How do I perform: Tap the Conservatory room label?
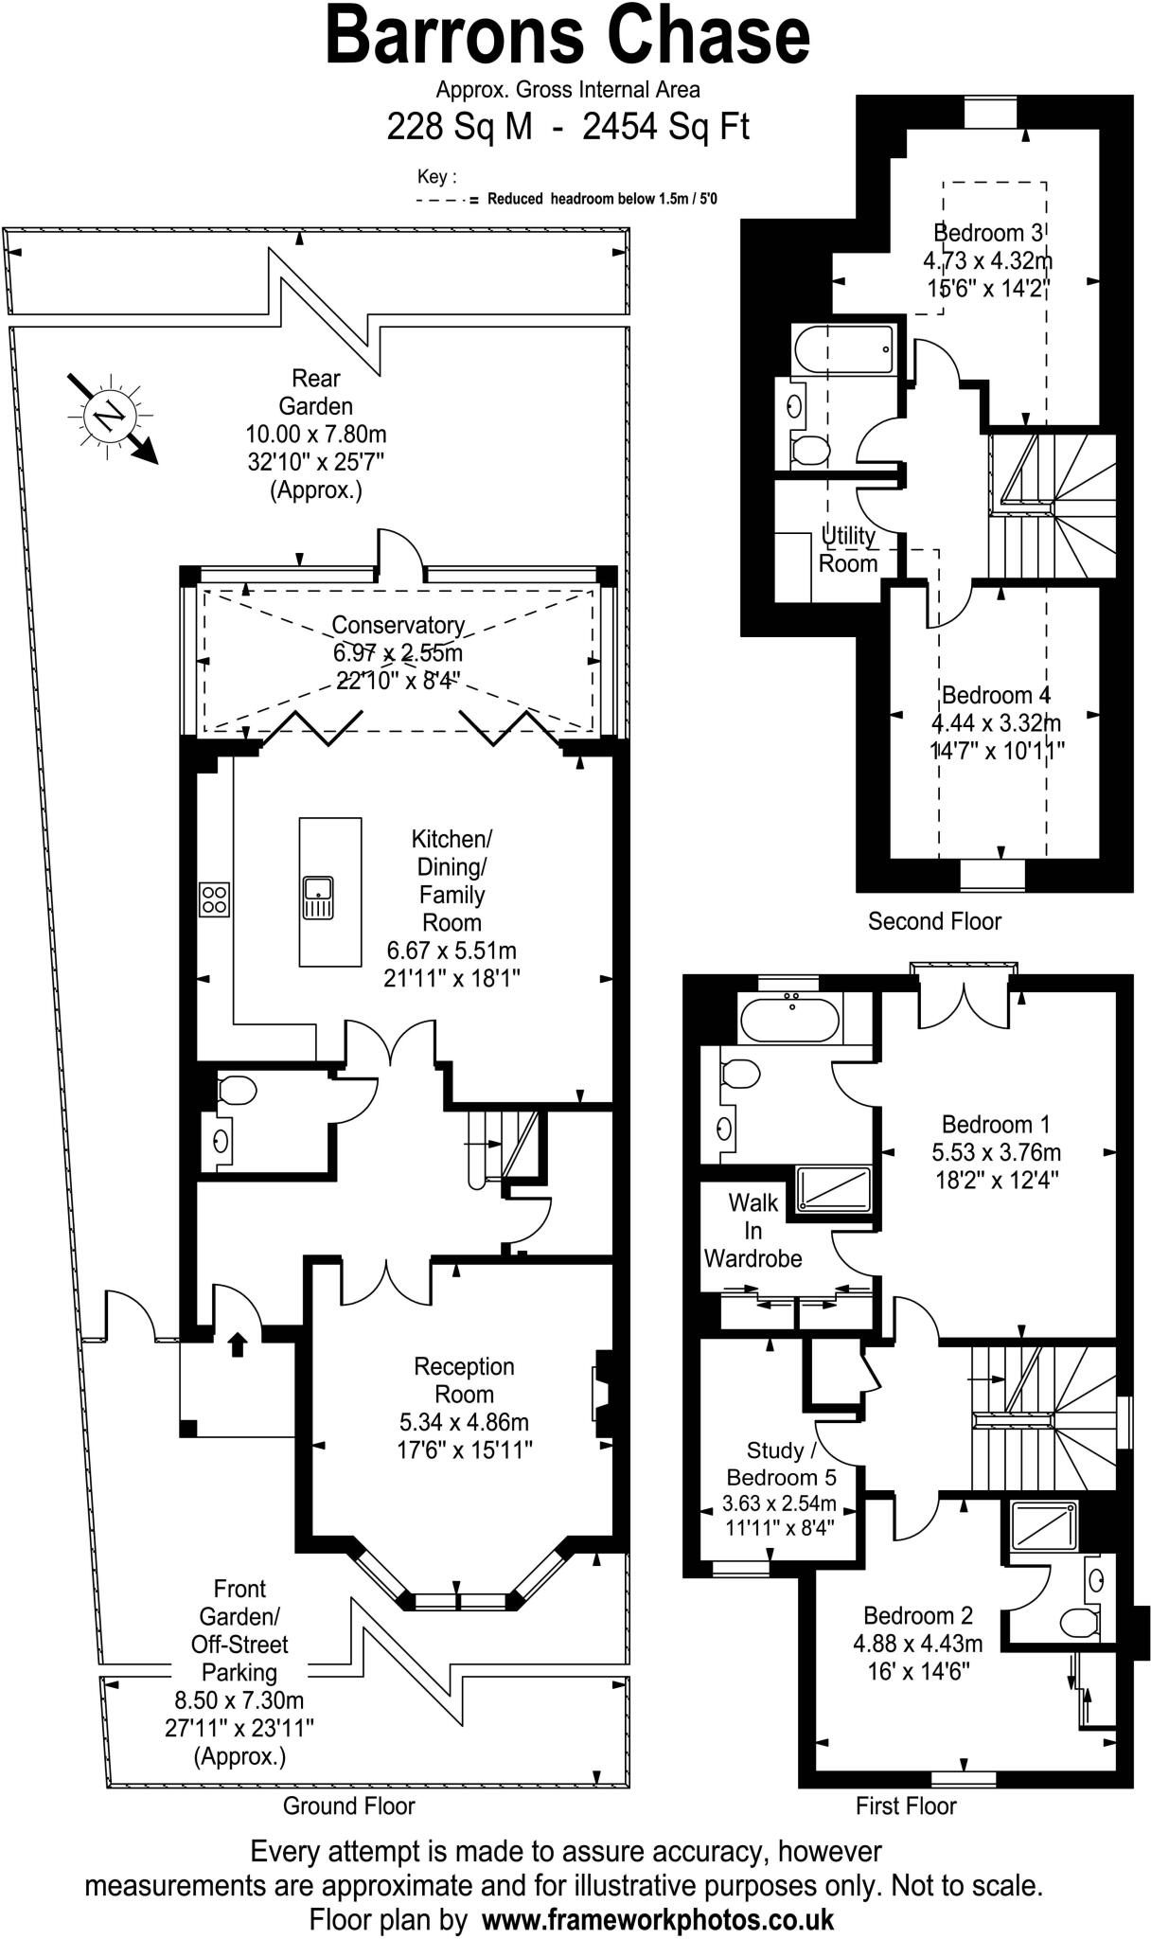[398, 625]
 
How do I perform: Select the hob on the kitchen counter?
[214, 898]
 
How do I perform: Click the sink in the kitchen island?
[318, 898]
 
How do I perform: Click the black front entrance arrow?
[238, 1343]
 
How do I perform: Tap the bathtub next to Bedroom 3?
[844, 351]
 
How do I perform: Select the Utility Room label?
[848, 549]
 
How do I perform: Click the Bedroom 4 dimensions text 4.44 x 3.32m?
[996, 723]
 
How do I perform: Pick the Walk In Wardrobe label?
[753, 1230]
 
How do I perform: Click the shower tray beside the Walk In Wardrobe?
[834, 1188]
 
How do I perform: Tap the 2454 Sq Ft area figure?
[665, 127]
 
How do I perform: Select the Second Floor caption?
[934, 921]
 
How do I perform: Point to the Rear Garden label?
[316, 392]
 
